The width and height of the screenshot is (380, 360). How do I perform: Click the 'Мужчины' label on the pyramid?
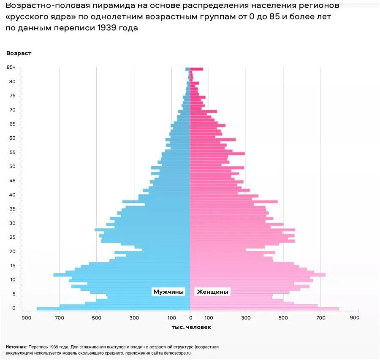[168, 292]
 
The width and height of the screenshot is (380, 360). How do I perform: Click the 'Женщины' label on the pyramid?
[212, 292]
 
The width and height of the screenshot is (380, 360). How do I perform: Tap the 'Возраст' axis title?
[19, 53]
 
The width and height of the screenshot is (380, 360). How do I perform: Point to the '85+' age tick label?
[11, 68]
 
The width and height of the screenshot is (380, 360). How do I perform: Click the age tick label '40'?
[13, 195]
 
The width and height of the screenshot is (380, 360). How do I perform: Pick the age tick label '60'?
[13, 138]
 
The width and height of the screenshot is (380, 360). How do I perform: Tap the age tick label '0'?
[14, 308]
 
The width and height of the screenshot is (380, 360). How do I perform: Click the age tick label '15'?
[13, 265]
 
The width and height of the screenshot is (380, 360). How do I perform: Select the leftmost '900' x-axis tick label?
[27, 317]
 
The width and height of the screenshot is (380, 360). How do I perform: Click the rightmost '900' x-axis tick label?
[354, 317]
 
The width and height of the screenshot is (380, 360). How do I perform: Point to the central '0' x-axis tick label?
[190, 317]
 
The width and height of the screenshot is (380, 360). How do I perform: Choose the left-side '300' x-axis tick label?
[134, 317]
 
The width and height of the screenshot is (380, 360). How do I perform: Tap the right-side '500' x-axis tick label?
[283, 317]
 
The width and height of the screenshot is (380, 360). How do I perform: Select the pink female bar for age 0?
[262, 309]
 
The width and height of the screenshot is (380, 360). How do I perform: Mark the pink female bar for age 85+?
[196, 69]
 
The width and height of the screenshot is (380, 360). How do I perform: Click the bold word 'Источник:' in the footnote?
[16, 347]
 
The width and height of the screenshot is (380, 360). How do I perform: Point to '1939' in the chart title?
[107, 28]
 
